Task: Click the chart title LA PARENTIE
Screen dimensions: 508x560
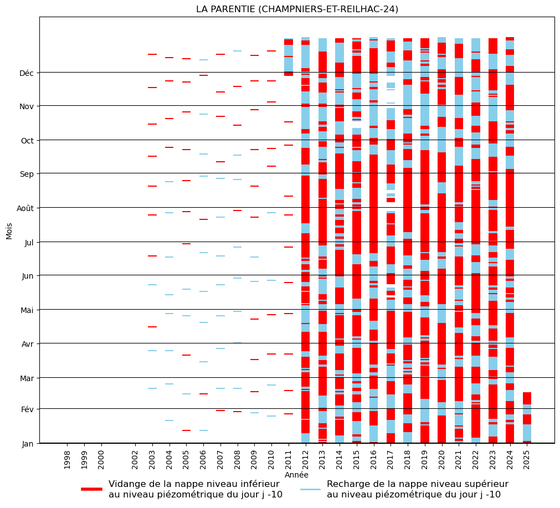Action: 297,9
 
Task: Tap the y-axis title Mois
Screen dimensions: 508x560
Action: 9,230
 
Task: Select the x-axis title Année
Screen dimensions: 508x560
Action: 296,475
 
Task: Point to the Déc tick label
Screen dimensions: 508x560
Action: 27,73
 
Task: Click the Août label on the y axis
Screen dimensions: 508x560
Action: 24,208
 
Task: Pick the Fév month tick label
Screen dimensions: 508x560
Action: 27,409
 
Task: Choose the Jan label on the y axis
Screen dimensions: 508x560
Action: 28,444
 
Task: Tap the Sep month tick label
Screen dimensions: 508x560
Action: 27,174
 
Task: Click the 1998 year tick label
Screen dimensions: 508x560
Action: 67,459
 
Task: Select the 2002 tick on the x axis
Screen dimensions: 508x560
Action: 135,459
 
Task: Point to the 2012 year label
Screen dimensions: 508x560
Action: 305,459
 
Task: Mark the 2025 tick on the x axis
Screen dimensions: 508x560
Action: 527,459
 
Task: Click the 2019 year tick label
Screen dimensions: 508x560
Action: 425,459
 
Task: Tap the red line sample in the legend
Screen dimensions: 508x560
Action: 91,489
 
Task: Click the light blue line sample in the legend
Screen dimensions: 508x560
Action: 310,489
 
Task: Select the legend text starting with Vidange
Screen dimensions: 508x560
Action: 195,489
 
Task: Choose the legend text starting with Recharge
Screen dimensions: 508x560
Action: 417,489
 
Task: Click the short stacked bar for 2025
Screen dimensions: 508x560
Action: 527,418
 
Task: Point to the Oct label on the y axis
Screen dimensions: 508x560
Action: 27,141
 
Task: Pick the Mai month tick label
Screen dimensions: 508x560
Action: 27,310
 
